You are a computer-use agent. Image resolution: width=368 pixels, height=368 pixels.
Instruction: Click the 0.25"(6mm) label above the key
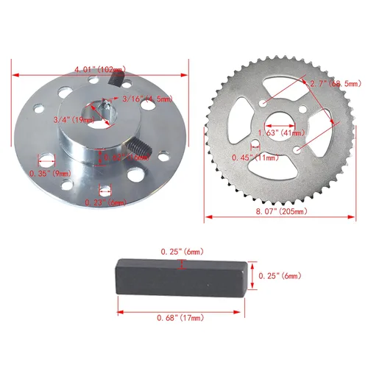tap(181, 252)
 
